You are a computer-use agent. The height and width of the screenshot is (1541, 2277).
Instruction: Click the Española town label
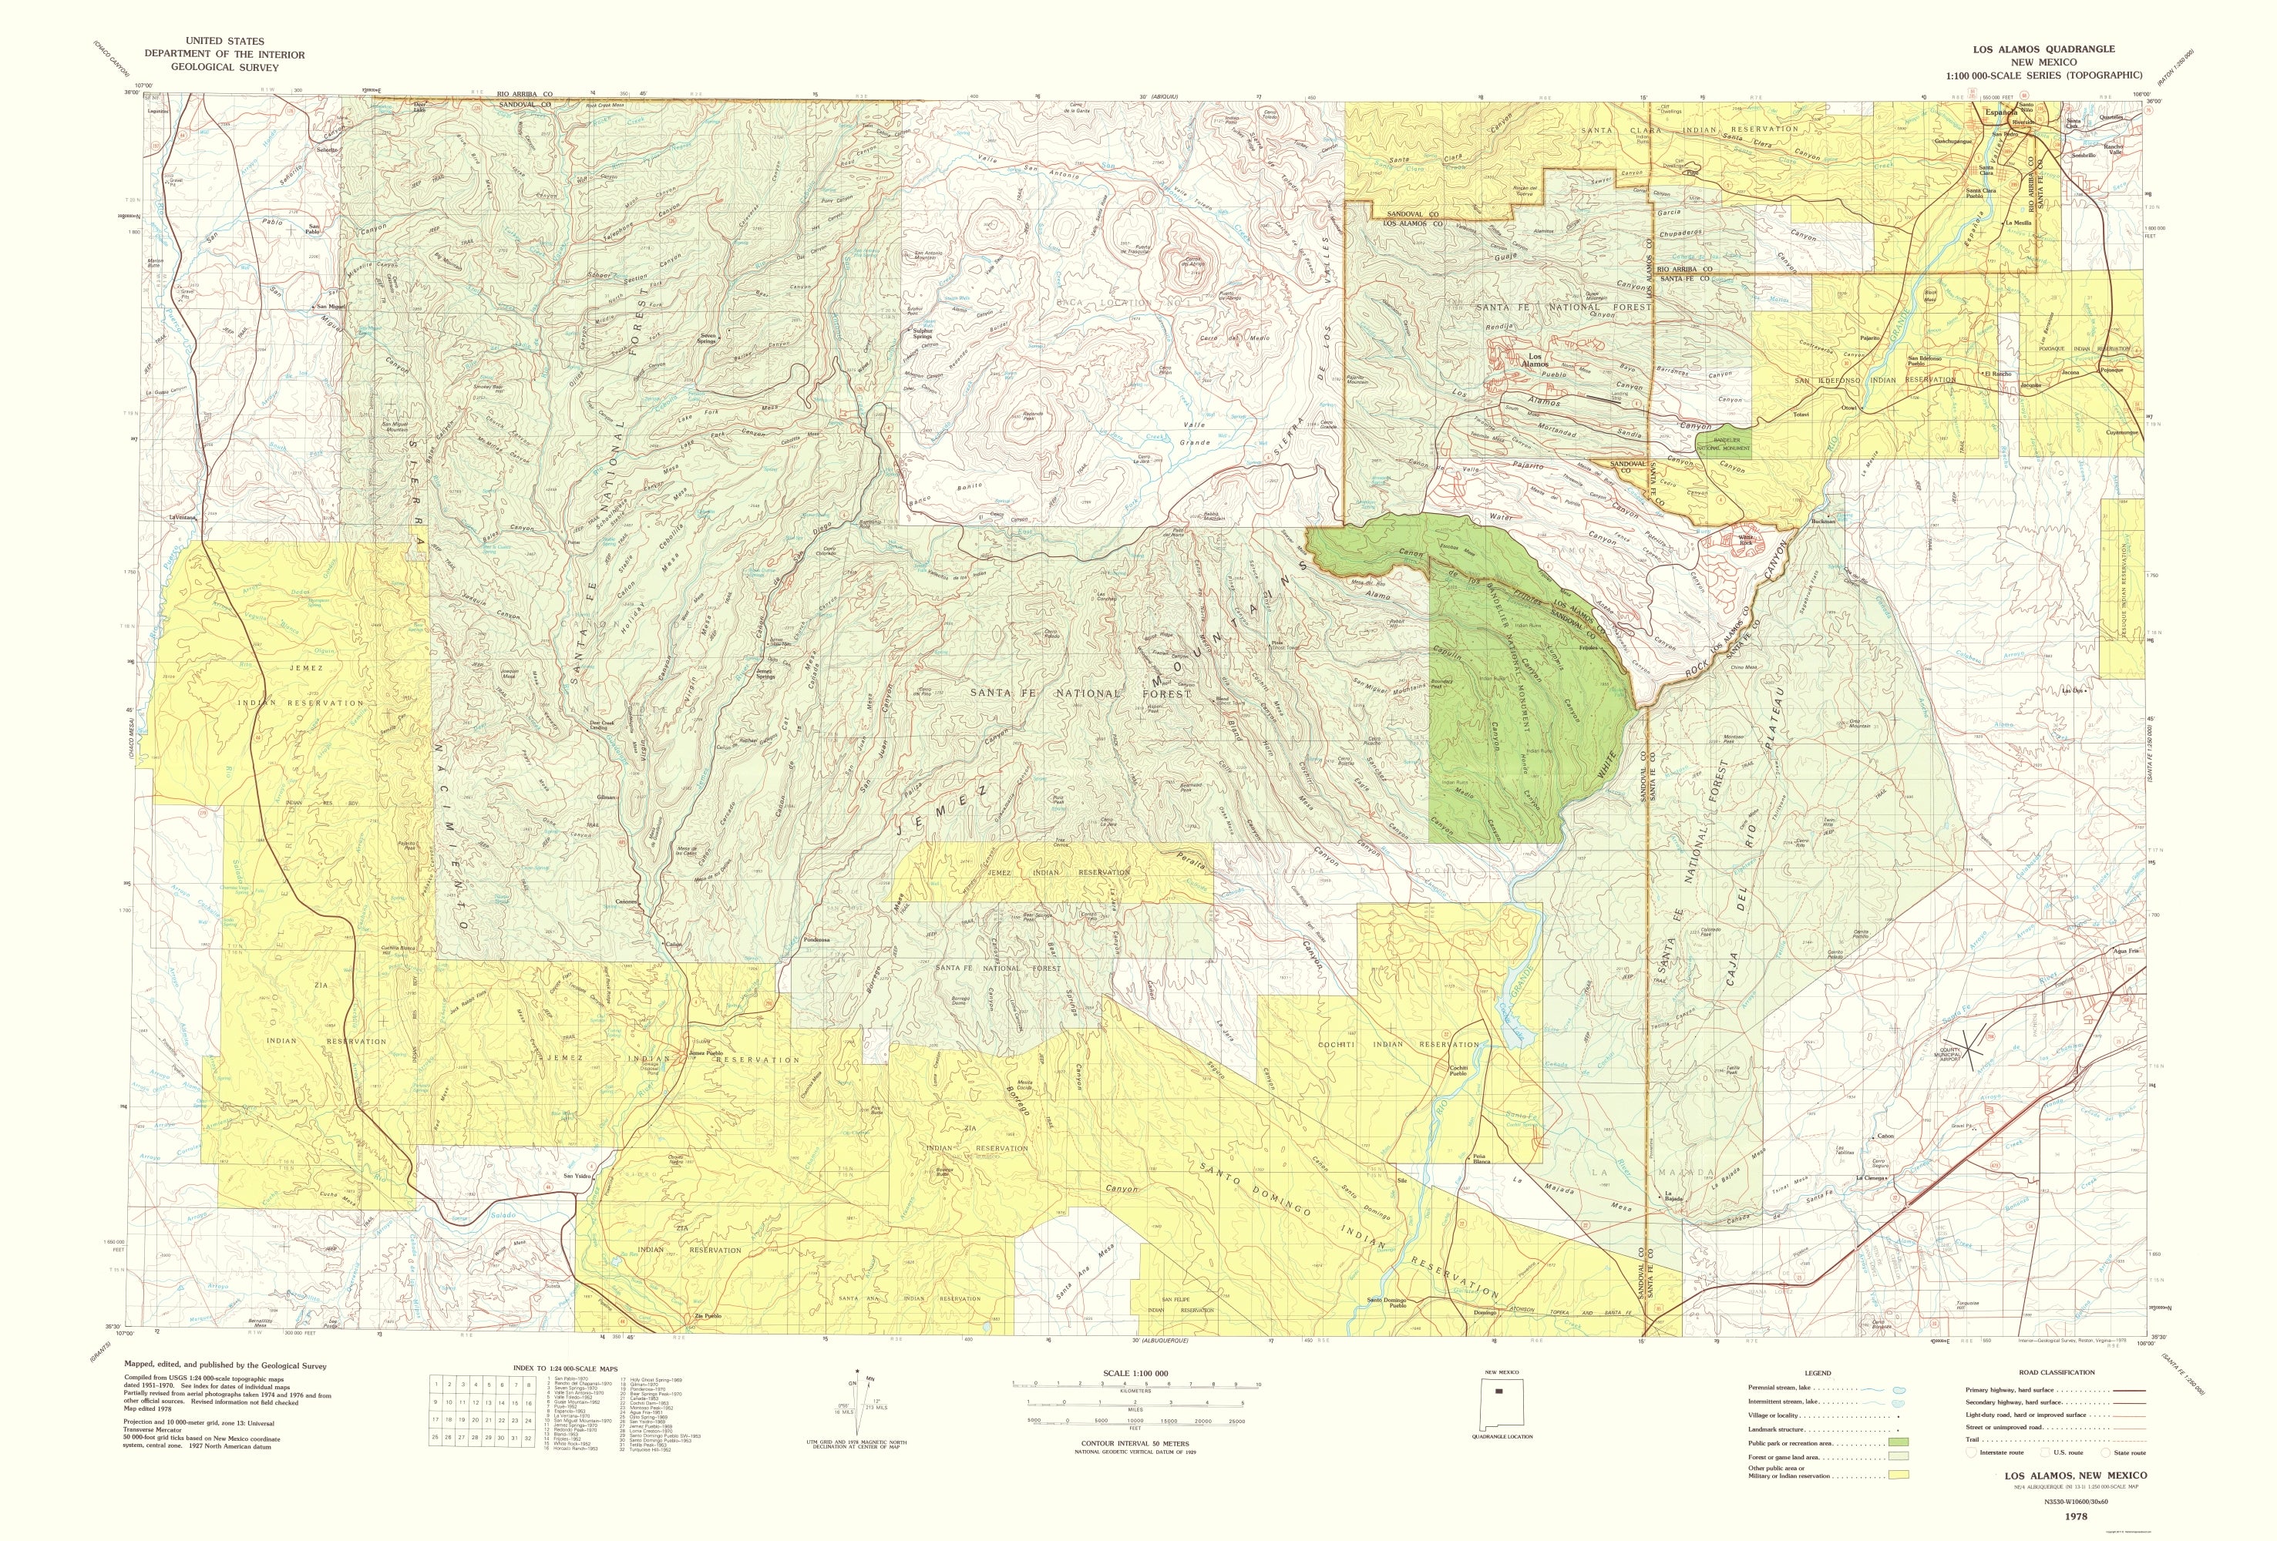click(x=1988, y=112)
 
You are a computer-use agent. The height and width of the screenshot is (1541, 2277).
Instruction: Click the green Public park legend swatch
click(x=1900, y=1443)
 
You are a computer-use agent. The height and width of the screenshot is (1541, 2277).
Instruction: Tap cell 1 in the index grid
click(x=437, y=1385)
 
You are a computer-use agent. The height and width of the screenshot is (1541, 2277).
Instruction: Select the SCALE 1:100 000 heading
click(x=1135, y=1374)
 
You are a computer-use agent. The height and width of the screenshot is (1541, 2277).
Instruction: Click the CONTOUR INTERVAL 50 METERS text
click(x=1135, y=1443)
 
